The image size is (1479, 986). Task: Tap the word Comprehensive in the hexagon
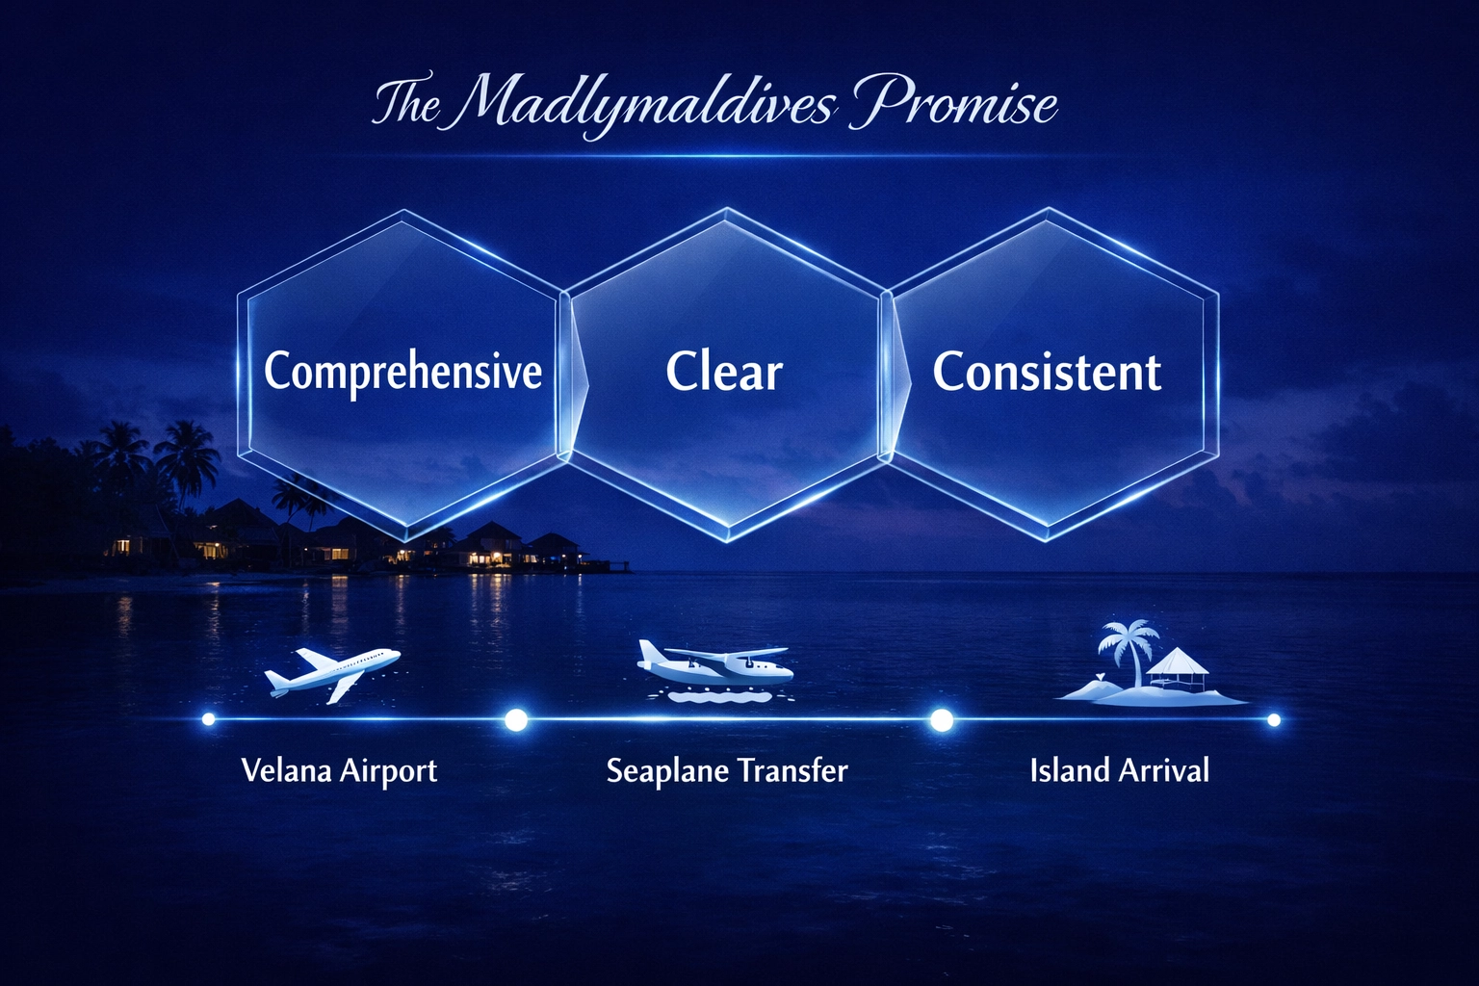[x=402, y=372]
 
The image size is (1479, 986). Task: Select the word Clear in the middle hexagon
[x=724, y=372]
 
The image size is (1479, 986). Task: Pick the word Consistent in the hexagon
[x=1047, y=372]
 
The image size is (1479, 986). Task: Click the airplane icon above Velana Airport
[x=332, y=671]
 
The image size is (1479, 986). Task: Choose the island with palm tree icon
[x=1151, y=666]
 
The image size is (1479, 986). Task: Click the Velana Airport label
[x=339, y=770]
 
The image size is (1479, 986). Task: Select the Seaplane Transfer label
[x=727, y=770]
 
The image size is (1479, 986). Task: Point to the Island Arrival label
[x=1119, y=770]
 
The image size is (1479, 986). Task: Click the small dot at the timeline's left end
[x=208, y=719]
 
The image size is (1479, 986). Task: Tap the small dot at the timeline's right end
[x=1274, y=719]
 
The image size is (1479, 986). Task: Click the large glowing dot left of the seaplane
[x=516, y=719]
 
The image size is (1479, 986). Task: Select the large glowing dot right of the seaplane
[x=942, y=719]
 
